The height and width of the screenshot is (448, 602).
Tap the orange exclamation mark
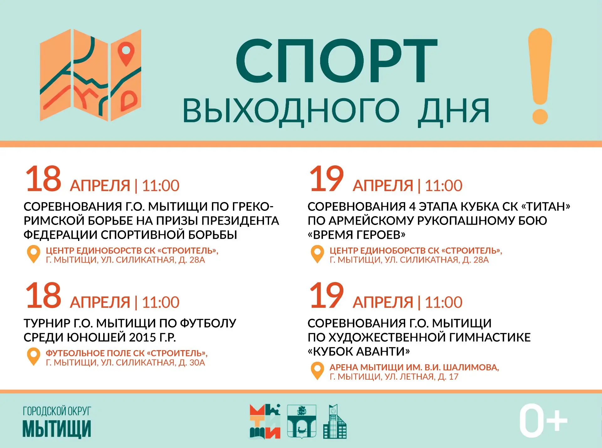540,76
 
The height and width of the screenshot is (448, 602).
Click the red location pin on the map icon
126,53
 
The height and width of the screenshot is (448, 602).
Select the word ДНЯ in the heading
454,110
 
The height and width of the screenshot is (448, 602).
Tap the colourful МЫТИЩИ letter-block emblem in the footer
265,421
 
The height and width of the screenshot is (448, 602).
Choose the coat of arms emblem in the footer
302,421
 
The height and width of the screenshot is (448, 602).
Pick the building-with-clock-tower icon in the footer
335,421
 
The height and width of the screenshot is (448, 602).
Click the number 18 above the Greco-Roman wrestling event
43,179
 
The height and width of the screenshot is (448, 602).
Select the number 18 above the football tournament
43,295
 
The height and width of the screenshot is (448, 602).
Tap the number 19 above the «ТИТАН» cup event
326,179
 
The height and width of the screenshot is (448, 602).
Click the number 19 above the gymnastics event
326,295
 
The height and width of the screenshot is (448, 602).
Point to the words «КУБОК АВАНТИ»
359,351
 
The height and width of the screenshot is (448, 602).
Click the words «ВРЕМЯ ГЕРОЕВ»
356,235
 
